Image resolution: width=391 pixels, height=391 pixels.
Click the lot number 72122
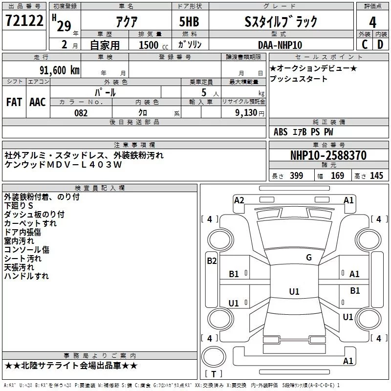pos(24,21)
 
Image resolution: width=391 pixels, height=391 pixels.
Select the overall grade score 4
pos(372,22)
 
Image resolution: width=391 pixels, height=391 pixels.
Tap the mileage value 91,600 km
pos(60,70)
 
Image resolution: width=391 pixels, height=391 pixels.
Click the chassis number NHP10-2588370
pos(328,155)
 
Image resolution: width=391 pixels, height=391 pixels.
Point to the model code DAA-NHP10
pos(280,45)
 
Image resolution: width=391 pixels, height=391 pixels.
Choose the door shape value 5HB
pos(189,22)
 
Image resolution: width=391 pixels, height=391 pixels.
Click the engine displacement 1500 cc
pos(153,45)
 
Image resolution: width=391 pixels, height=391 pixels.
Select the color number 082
pos(81,113)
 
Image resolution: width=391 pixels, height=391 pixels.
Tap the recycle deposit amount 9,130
pos(246,113)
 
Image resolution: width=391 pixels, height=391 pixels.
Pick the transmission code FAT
pos(14,102)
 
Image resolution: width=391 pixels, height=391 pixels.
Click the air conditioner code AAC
pos(38,102)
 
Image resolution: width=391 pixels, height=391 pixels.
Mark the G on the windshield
pos(309,258)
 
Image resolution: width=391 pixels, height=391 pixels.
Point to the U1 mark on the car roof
pos(294,291)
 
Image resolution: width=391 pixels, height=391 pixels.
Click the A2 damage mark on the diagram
pos(239,200)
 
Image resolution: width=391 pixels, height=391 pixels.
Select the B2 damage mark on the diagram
pos(212,261)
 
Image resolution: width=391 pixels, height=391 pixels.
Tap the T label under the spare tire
pos(214,374)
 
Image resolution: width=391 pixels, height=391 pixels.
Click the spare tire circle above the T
pos(214,357)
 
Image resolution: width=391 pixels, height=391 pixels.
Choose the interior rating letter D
pos(380,44)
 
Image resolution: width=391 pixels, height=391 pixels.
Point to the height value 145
pos(376,175)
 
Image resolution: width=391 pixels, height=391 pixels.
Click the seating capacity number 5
pos(204,92)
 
